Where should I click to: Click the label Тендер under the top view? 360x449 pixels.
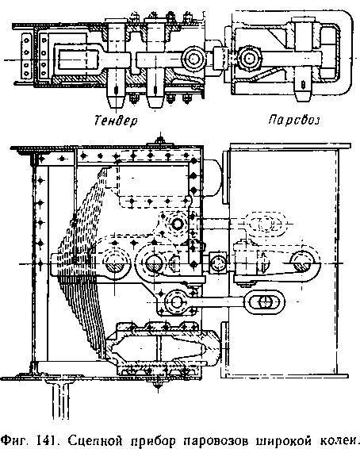(116, 121)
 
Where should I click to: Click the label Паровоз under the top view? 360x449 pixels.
(294, 120)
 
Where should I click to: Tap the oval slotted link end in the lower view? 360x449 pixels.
(265, 301)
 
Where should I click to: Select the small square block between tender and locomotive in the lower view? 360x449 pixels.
(218, 263)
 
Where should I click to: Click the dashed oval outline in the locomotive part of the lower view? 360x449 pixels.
(266, 223)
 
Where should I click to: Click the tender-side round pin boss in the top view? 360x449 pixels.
(193, 59)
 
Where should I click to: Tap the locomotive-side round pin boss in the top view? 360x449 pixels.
(249, 59)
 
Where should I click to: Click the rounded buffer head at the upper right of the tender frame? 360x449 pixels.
(213, 178)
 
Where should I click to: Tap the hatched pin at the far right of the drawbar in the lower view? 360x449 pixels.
(302, 263)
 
